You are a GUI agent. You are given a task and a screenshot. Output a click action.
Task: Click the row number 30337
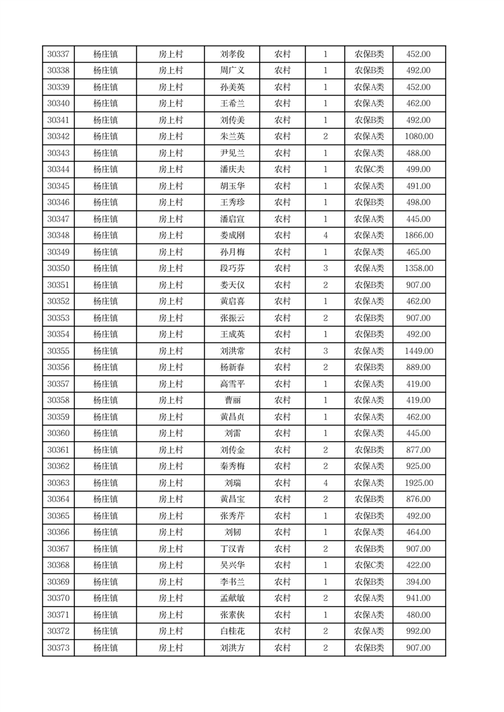click(x=58, y=55)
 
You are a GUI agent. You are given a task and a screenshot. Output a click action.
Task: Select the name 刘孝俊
click(x=232, y=55)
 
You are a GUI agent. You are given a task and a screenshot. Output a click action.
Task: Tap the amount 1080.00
click(x=419, y=136)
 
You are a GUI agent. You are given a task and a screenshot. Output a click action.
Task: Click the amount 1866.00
click(x=419, y=235)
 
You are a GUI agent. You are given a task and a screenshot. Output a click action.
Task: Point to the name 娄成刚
click(x=232, y=235)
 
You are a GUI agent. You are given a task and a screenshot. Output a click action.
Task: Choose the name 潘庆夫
click(x=232, y=169)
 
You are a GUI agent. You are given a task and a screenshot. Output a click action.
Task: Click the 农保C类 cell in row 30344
click(x=369, y=169)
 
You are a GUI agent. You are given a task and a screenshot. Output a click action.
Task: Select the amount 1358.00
click(x=419, y=268)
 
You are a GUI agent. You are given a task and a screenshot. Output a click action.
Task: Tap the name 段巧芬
click(x=232, y=268)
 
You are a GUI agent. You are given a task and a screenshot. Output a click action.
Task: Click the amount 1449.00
click(x=419, y=351)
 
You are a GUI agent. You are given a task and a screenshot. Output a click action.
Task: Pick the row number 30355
click(x=58, y=351)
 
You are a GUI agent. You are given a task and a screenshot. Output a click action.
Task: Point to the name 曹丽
click(x=232, y=400)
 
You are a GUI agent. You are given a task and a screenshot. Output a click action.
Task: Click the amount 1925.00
click(x=419, y=483)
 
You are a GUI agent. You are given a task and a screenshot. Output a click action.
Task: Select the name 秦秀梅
click(x=232, y=466)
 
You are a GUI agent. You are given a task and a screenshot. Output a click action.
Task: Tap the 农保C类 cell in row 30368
click(x=369, y=565)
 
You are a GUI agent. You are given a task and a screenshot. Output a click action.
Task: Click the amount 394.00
click(x=419, y=582)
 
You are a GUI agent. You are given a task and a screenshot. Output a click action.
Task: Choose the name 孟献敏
click(x=232, y=598)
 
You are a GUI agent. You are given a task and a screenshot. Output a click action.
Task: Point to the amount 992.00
click(x=419, y=631)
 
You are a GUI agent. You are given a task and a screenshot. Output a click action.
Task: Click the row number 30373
click(x=58, y=648)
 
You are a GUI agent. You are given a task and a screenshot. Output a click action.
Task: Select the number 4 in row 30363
click(x=326, y=483)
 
